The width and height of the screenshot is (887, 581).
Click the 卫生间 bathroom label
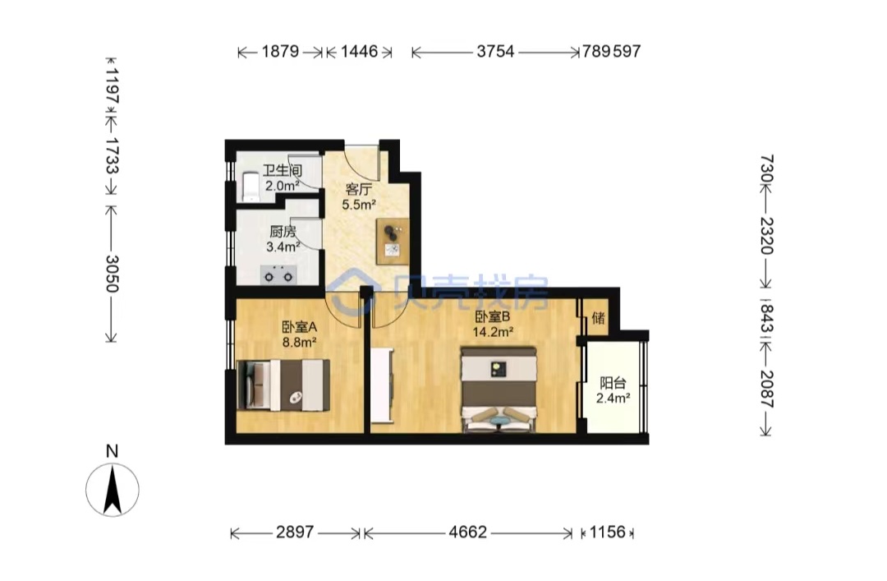click(x=283, y=170)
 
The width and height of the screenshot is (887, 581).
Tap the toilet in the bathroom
click(x=250, y=187)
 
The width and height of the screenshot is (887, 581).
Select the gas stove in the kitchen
click(x=279, y=274)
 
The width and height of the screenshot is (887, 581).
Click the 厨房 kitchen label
click(x=283, y=231)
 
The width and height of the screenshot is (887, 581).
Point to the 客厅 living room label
click(x=359, y=189)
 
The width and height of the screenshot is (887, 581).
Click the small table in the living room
click(x=393, y=241)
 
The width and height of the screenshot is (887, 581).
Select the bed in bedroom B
click(x=499, y=390)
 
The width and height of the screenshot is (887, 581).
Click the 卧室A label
click(x=299, y=327)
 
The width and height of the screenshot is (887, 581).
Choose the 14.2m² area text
click(x=493, y=332)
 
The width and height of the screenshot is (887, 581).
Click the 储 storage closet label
click(x=598, y=318)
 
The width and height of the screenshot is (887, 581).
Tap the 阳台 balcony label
click(x=613, y=383)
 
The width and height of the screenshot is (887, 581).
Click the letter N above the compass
click(x=112, y=451)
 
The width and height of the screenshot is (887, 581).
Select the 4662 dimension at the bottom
click(x=467, y=533)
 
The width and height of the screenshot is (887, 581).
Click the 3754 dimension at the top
click(x=495, y=52)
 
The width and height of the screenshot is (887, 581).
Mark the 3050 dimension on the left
click(x=112, y=274)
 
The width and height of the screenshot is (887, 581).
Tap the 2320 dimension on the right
click(x=766, y=235)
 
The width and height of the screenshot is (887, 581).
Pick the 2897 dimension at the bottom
click(x=295, y=533)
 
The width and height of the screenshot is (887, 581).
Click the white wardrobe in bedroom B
click(x=382, y=385)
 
